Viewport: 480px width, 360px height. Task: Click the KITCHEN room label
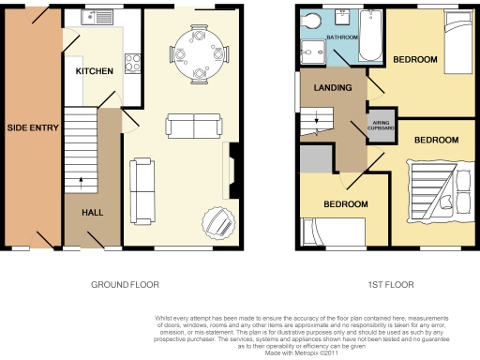[95, 71]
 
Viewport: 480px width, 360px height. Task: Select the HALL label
[92, 213]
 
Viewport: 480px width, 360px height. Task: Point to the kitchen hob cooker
[132, 65]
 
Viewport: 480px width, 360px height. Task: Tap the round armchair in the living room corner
[219, 223]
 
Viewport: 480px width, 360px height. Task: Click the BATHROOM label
[342, 38]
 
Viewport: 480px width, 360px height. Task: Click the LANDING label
[334, 88]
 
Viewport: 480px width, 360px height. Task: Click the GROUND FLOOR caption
[125, 284]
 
